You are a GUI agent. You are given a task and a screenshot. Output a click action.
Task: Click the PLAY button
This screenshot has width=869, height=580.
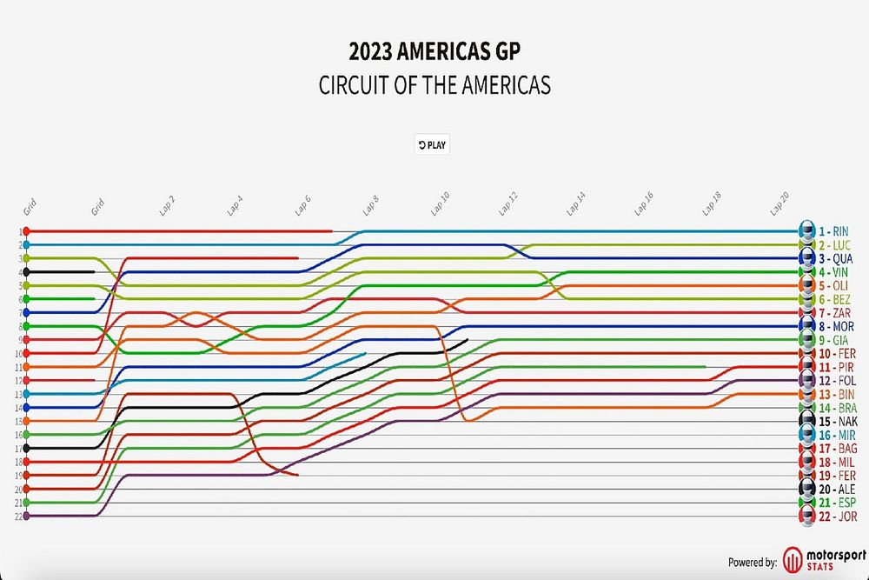pyautogui.click(x=432, y=145)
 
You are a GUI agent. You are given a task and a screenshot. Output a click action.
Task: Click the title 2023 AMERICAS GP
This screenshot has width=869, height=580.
pyautogui.click(x=435, y=51)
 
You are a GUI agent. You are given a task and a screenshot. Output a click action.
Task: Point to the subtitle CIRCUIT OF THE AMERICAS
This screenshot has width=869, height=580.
pyautogui.click(x=435, y=85)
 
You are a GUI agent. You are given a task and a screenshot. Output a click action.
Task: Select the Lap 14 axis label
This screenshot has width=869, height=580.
pyautogui.click(x=575, y=203)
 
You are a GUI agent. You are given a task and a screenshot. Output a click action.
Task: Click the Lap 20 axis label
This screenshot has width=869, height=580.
pyautogui.click(x=779, y=203)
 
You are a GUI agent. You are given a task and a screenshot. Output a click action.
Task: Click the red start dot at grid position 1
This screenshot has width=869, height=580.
pyautogui.click(x=27, y=231)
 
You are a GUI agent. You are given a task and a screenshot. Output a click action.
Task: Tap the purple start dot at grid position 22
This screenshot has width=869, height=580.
pyautogui.click(x=27, y=516)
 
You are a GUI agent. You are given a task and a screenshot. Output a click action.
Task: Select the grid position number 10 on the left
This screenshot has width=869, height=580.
pyautogui.click(x=18, y=354)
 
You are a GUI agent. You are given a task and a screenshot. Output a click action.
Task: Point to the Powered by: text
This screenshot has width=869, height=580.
pyautogui.click(x=752, y=563)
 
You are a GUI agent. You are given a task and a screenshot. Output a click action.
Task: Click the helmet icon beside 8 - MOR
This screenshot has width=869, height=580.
pyautogui.click(x=807, y=326)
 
